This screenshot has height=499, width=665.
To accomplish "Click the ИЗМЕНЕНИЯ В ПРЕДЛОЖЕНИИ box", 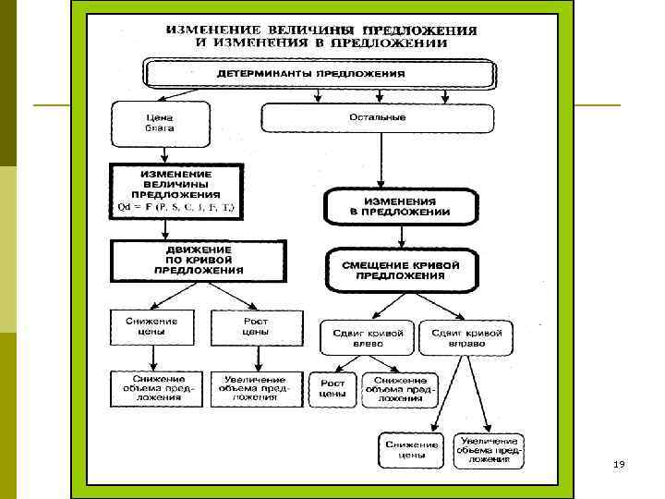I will [x=400, y=206].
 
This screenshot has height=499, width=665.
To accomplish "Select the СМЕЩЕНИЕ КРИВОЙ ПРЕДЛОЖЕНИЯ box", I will [x=400, y=269].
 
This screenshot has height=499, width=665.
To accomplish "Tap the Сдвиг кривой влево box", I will [x=366, y=337].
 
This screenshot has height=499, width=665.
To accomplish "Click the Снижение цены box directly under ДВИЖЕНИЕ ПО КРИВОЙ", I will [x=151, y=325].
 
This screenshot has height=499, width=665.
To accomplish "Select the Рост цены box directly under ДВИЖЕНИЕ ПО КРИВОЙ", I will [x=255, y=325].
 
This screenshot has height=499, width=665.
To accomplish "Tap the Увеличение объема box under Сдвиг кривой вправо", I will [x=489, y=450].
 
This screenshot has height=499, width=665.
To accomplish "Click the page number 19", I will [x=619, y=464].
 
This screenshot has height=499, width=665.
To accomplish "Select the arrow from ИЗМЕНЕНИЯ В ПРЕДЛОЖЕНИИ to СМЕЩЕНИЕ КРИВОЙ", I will [x=400, y=236].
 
